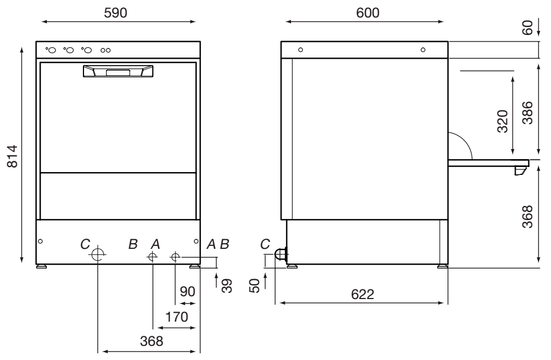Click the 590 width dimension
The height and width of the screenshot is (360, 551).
[115, 13]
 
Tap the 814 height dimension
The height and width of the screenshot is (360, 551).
[12, 156]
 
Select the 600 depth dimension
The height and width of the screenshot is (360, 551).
[368, 13]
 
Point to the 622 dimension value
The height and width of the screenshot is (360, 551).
[363, 294]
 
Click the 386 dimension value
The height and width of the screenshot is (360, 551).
[527, 113]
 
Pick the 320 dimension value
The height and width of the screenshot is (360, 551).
[503, 121]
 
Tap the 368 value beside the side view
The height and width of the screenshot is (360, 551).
[527, 217]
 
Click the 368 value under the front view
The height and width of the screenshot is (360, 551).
[152, 341]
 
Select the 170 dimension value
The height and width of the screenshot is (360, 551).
[177, 317]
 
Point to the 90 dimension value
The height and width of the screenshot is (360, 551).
[187, 292]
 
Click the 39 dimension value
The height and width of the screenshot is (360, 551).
[227, 286]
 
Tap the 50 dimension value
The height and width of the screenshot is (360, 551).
[254, 286]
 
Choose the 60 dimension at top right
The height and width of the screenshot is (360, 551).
[527, 28]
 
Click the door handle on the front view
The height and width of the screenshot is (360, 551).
[118, 71]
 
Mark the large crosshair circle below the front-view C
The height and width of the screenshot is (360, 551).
[98, 253]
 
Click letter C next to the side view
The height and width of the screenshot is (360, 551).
[265, 244]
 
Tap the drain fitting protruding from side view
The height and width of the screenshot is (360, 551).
[281, 254]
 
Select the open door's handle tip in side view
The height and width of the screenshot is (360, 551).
[521, 171]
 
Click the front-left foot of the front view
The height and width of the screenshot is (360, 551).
[42, 266]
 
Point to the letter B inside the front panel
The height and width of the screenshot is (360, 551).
[133, 244]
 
